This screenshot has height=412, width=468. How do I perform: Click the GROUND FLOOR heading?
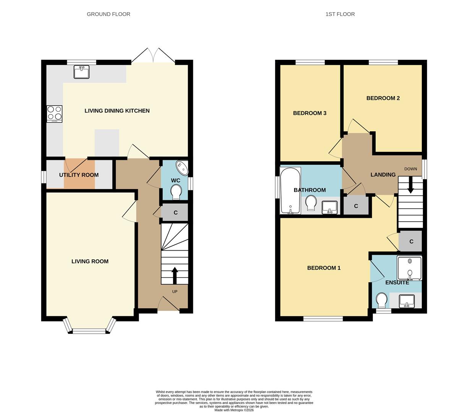(108, 14)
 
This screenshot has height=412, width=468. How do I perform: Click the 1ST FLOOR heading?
(340, 14)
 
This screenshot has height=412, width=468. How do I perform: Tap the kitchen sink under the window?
(81, 72)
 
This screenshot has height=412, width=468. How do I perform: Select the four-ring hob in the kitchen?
(54, 114)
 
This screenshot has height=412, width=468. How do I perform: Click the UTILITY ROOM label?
(79, 175)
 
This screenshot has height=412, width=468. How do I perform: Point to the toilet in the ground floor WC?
(176, 192)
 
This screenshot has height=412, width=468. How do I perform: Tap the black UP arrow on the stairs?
(175, 275)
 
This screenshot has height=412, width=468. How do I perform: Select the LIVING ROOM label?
(90, 261)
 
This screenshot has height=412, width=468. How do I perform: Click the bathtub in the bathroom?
(290, 190)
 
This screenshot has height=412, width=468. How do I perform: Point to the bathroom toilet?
(311, 203)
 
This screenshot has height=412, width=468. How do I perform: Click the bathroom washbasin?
(329, 207)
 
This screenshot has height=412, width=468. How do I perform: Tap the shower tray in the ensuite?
(409, 268)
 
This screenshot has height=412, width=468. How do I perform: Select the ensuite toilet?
(381, 300)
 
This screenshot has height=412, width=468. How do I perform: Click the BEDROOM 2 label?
(383, 98)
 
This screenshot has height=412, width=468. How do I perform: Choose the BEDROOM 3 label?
(309, 113)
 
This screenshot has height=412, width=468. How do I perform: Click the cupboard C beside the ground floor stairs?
(175, 212)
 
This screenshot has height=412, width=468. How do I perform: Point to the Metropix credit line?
(234, 410)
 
